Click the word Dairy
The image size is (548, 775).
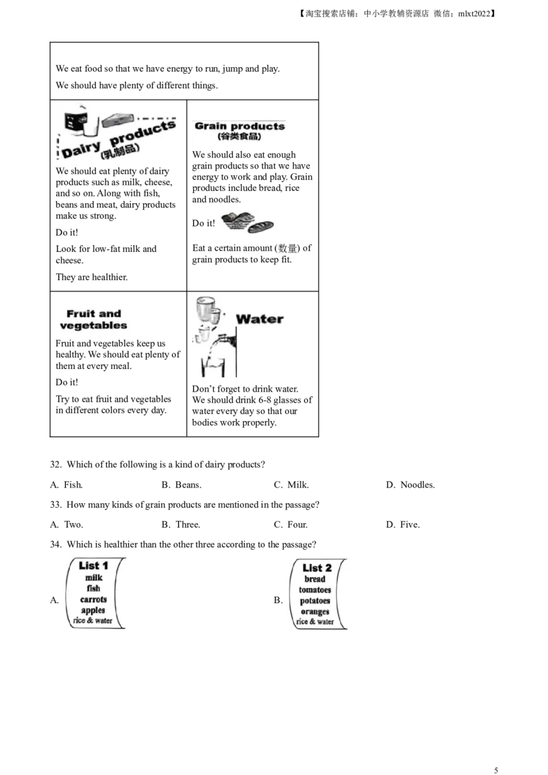pyautogui.click(x=80, y=150)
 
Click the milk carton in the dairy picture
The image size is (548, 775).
pyautogui.click(x=71, y=120)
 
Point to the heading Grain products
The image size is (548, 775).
pyautogui.click(x=240, y=126)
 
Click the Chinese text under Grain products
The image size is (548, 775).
pyautogui.click(x=239, y=137)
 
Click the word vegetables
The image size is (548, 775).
pyautogui.click(x=94, y=325)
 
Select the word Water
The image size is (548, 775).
pyautogui.click(x=260, y=319)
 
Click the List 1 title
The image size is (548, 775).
pyautogui.click(x=94, y=566)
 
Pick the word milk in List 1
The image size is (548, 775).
pyautogui.click(x=93, y=578)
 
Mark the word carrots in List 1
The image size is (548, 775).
pyautogui.click(x=93, y=599)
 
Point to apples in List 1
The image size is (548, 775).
pyautogui.click(x=93, y=610)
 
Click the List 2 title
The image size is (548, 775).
pyautogui.click(x=317, y=568)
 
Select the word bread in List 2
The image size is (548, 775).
pyautogui.click(x=315, y=579)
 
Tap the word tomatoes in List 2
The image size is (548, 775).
pyautogui.click(x=315, y=590)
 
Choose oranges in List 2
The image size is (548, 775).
pyautogui.click(x=315, y=611)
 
